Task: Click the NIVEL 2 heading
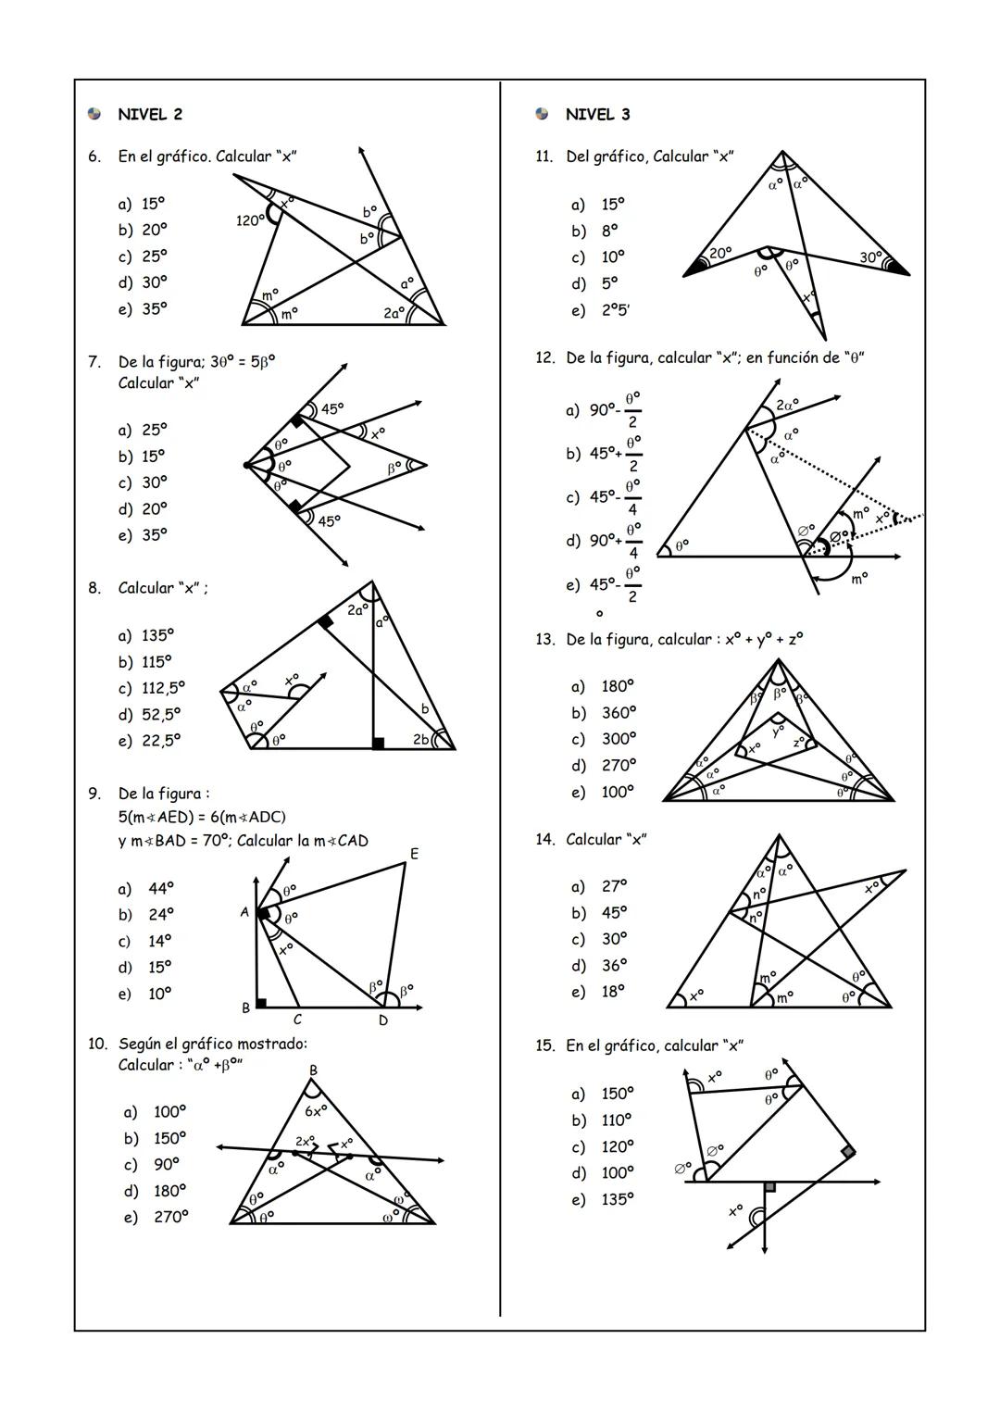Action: [149, 115]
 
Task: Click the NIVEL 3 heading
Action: [597, 115]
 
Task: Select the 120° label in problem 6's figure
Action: [249, 220]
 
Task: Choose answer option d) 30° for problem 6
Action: [143, 282]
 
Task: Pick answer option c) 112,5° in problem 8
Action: [151, 688]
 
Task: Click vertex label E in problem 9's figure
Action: [414, 854]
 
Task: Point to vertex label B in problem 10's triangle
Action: [313, 1070]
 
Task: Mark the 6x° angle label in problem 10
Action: [316, 1109]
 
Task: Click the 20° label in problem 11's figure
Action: [720, 253]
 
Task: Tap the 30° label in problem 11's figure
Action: [871, 257]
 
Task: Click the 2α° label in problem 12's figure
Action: [788, 405]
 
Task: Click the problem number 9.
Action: [94, 794]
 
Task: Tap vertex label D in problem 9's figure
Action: [382, 1020]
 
